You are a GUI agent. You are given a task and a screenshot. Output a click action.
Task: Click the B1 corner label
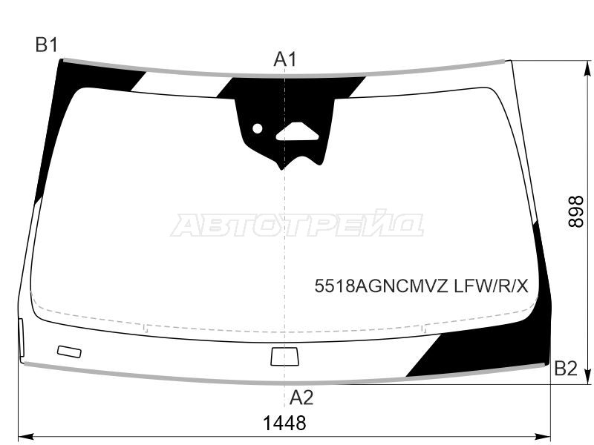click(x=47, y=45)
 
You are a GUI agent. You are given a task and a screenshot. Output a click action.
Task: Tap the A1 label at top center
click(x=285, y=59)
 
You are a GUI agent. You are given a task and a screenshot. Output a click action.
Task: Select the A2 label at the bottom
click(x=301, y=398)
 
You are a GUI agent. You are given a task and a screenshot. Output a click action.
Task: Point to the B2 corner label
click(x=566, y=368)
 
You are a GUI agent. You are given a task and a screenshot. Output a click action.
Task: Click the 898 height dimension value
click(x=577, y=211)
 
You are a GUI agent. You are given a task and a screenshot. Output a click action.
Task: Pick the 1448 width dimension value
click(x=284, y=423)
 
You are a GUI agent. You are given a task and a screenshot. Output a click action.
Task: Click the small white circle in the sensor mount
click(x=257, y=128)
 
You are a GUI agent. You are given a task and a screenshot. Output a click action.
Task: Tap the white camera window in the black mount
click(x=297, y=132)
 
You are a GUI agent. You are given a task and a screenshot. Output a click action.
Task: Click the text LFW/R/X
click(x=491, y=286)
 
